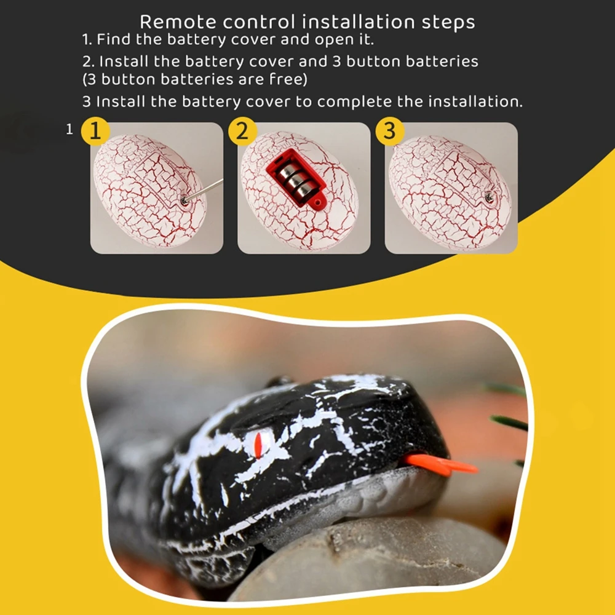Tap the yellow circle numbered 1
point(95,131)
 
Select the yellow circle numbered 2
point(242,131)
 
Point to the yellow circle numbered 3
point(389,131)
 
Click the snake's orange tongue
point(439,464)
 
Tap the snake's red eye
point(258,445)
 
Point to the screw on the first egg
point(183,201)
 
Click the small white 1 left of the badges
point(70,129)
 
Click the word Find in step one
point(114,39)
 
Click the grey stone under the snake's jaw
point(373,561)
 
